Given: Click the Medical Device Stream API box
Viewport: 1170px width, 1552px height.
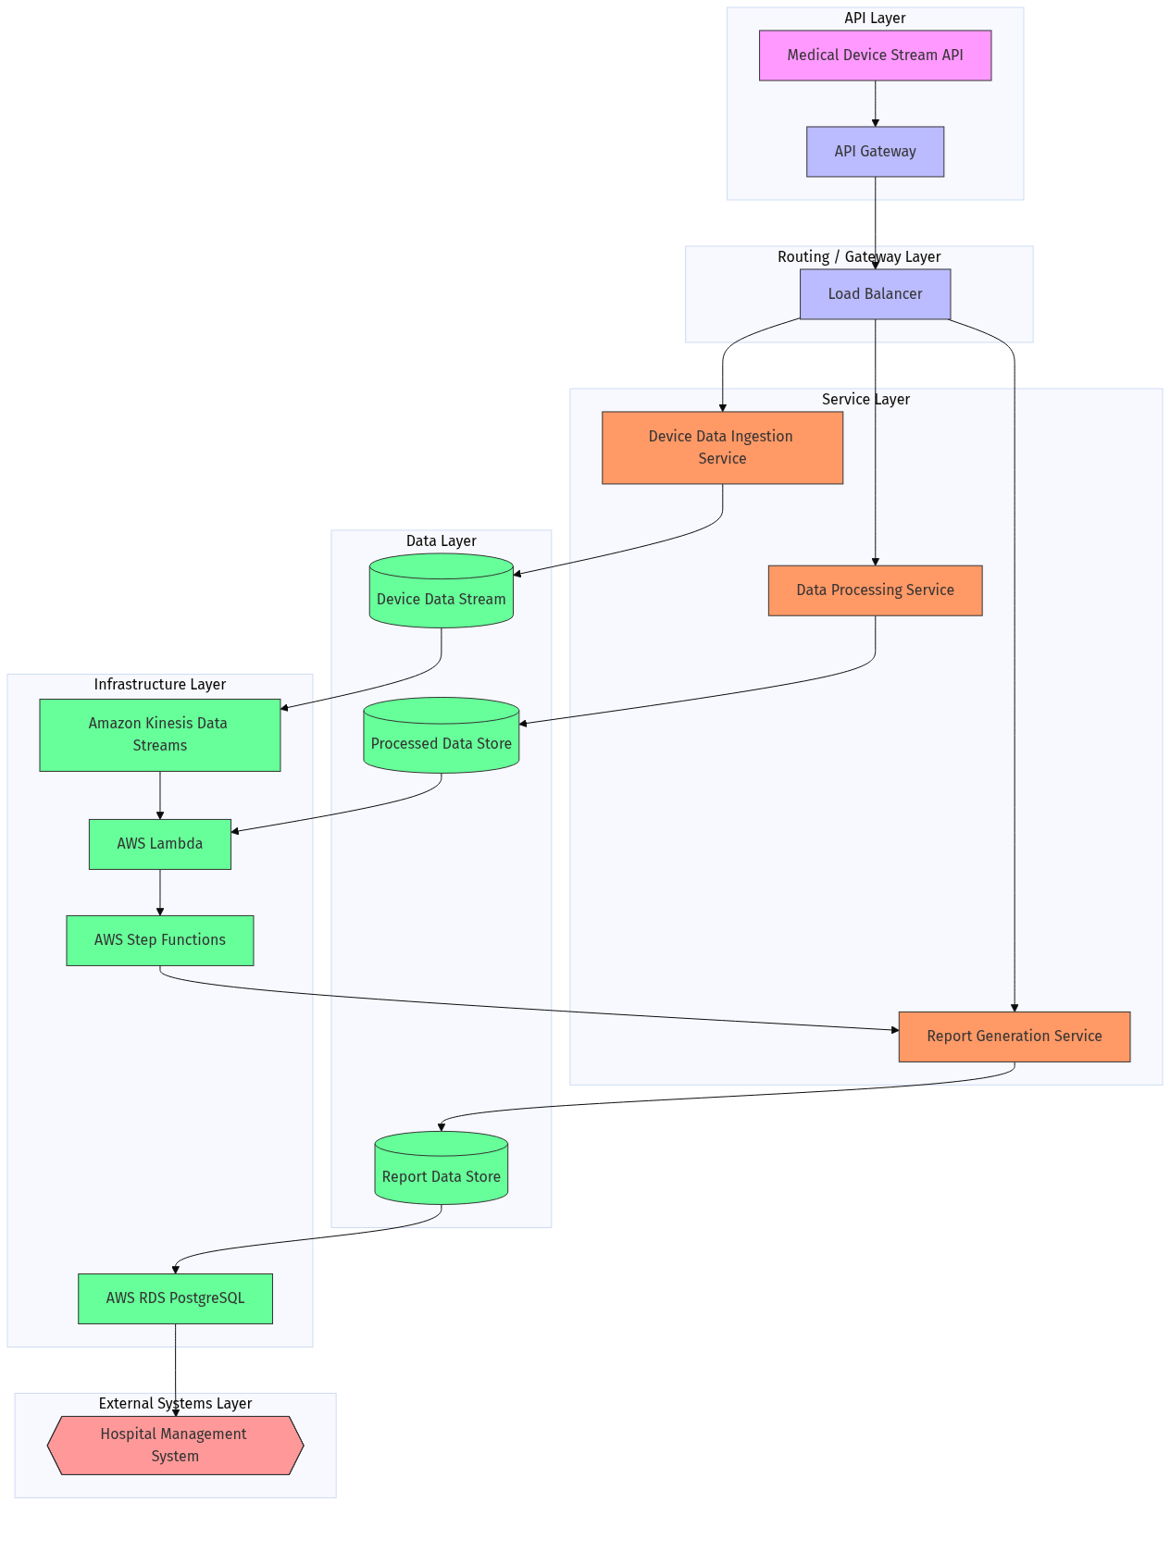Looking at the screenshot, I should (875, 56).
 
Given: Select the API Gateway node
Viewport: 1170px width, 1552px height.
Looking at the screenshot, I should (875, 152).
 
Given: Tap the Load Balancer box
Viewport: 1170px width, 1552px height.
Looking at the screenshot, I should (875, 294).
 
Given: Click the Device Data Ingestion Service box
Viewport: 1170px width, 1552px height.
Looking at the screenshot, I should (722, 448).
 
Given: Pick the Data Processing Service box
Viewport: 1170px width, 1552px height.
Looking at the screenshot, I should (875, 590).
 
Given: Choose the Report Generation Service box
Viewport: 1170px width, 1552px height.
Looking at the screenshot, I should (1014, 1037).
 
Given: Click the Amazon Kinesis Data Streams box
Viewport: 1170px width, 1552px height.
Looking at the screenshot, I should (159, 735).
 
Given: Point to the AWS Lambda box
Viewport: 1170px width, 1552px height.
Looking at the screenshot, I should (159, 844).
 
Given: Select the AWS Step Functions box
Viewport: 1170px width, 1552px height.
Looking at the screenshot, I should (159, 940).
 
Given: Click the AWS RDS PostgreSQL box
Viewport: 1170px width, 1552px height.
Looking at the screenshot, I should (175, 1298).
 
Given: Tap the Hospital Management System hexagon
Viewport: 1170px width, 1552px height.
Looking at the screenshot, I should (175, 1445).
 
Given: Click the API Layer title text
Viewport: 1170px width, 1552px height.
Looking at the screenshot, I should (875, 19).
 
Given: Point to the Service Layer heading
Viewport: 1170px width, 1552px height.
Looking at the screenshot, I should (865, 400).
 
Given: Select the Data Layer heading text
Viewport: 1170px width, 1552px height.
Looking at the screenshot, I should (441, 541).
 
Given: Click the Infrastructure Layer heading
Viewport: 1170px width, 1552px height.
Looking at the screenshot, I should (159, 685).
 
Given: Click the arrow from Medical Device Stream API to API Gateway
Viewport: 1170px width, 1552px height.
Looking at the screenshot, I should (875, 104).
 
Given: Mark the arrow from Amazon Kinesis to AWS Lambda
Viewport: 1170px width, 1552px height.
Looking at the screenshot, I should (159, 795).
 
